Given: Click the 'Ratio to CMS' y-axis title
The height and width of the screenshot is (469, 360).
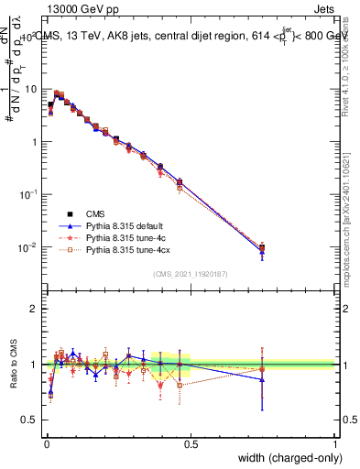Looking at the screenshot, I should [13, 364].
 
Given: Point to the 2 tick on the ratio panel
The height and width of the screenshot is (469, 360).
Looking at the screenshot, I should [35, 309].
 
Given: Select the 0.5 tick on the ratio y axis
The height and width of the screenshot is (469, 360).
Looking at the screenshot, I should [30, 420].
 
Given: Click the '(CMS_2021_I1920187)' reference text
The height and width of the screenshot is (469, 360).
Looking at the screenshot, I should [191, 273].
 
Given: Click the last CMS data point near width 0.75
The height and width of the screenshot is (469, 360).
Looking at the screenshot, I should [262, 247].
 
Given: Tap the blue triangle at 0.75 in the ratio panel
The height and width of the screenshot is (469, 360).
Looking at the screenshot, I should [262, 379].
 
